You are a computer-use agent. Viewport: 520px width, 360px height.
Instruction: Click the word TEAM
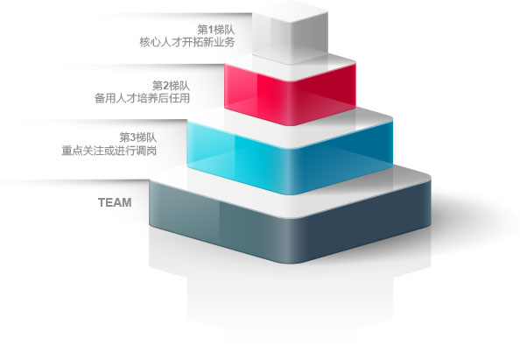pyautogui.click(x=115, y=202)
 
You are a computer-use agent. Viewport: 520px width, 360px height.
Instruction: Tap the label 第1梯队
pyautogui.click(x=216, y=30)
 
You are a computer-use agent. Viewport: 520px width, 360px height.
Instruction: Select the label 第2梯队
pyautogui.click(x=171, y=86)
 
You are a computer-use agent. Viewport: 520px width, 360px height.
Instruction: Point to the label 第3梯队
pyautogui.click(x=138, y=138)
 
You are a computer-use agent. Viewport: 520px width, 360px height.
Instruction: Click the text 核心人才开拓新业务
pyautogui.click(x=187, y=42)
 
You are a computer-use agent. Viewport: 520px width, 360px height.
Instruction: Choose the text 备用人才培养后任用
pyautogui.click(x=143, y=98)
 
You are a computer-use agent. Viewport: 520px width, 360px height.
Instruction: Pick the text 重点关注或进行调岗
pyautogui.click(x=109, y=151)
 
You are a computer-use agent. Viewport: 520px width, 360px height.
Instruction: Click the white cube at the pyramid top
pyautogui.click(x=290, y=33)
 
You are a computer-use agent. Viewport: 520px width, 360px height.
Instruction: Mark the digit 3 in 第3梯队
pyautogui.click(x=133, y=138)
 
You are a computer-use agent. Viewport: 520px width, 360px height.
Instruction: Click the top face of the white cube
pyautogui.click(x=290, y=12)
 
